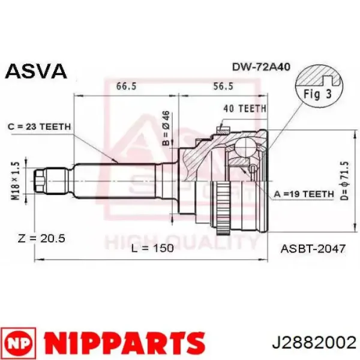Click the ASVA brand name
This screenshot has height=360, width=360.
point(35,71)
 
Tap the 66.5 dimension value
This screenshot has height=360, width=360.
point(125,86)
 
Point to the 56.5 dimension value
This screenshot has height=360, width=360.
point(222,86)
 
